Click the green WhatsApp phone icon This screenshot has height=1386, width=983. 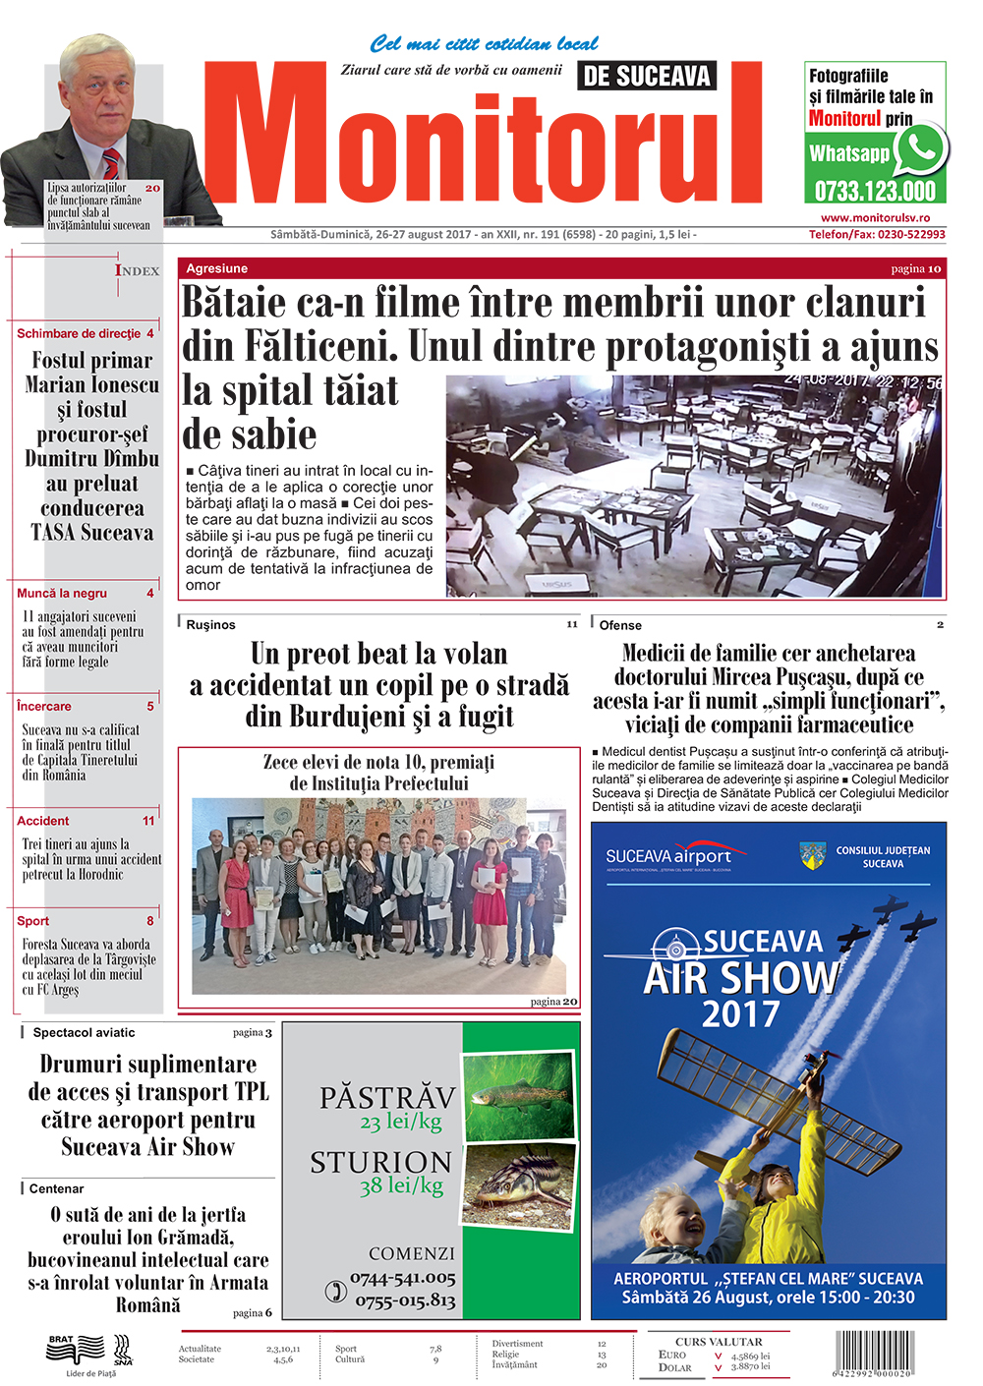click(921, 150)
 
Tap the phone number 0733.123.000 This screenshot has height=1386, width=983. click(875, 191)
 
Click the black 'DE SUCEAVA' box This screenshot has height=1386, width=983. click(646, 76)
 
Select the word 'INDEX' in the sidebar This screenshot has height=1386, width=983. click(137, 270)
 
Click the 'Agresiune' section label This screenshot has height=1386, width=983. click(217, 268)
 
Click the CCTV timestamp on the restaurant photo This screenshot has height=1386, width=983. click(863, 381)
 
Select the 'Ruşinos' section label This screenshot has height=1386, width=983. click(210, 625)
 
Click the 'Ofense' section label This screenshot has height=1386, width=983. click(620, 625)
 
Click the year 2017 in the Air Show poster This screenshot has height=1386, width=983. click(740, 1013)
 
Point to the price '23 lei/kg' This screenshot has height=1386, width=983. click(400, 1122)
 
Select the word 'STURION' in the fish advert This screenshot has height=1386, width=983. click(381, 1163)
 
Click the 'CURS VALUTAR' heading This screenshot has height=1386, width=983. click(719, 1341)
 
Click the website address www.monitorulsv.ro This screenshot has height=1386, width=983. click(875, 218)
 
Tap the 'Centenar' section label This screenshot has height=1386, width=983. click(56, 1188)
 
